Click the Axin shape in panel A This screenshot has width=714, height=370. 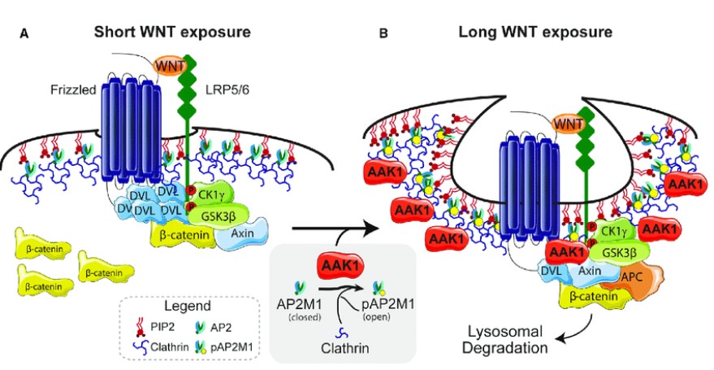[244, 234]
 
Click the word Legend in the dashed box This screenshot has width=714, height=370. [196, 307]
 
